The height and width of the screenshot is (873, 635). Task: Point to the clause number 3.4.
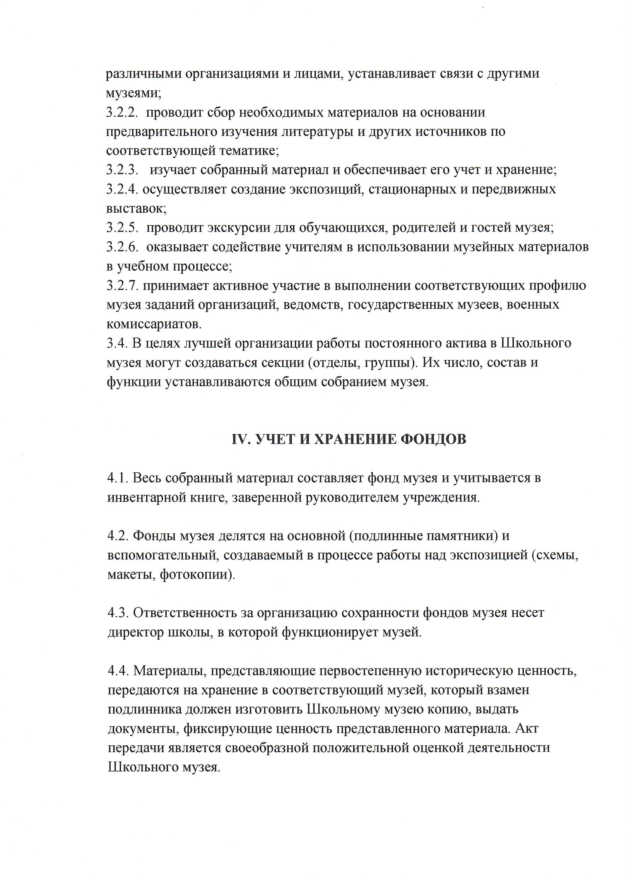(x=117, y=343)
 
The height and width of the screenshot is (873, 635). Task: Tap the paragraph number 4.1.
(x=117, y=478)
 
